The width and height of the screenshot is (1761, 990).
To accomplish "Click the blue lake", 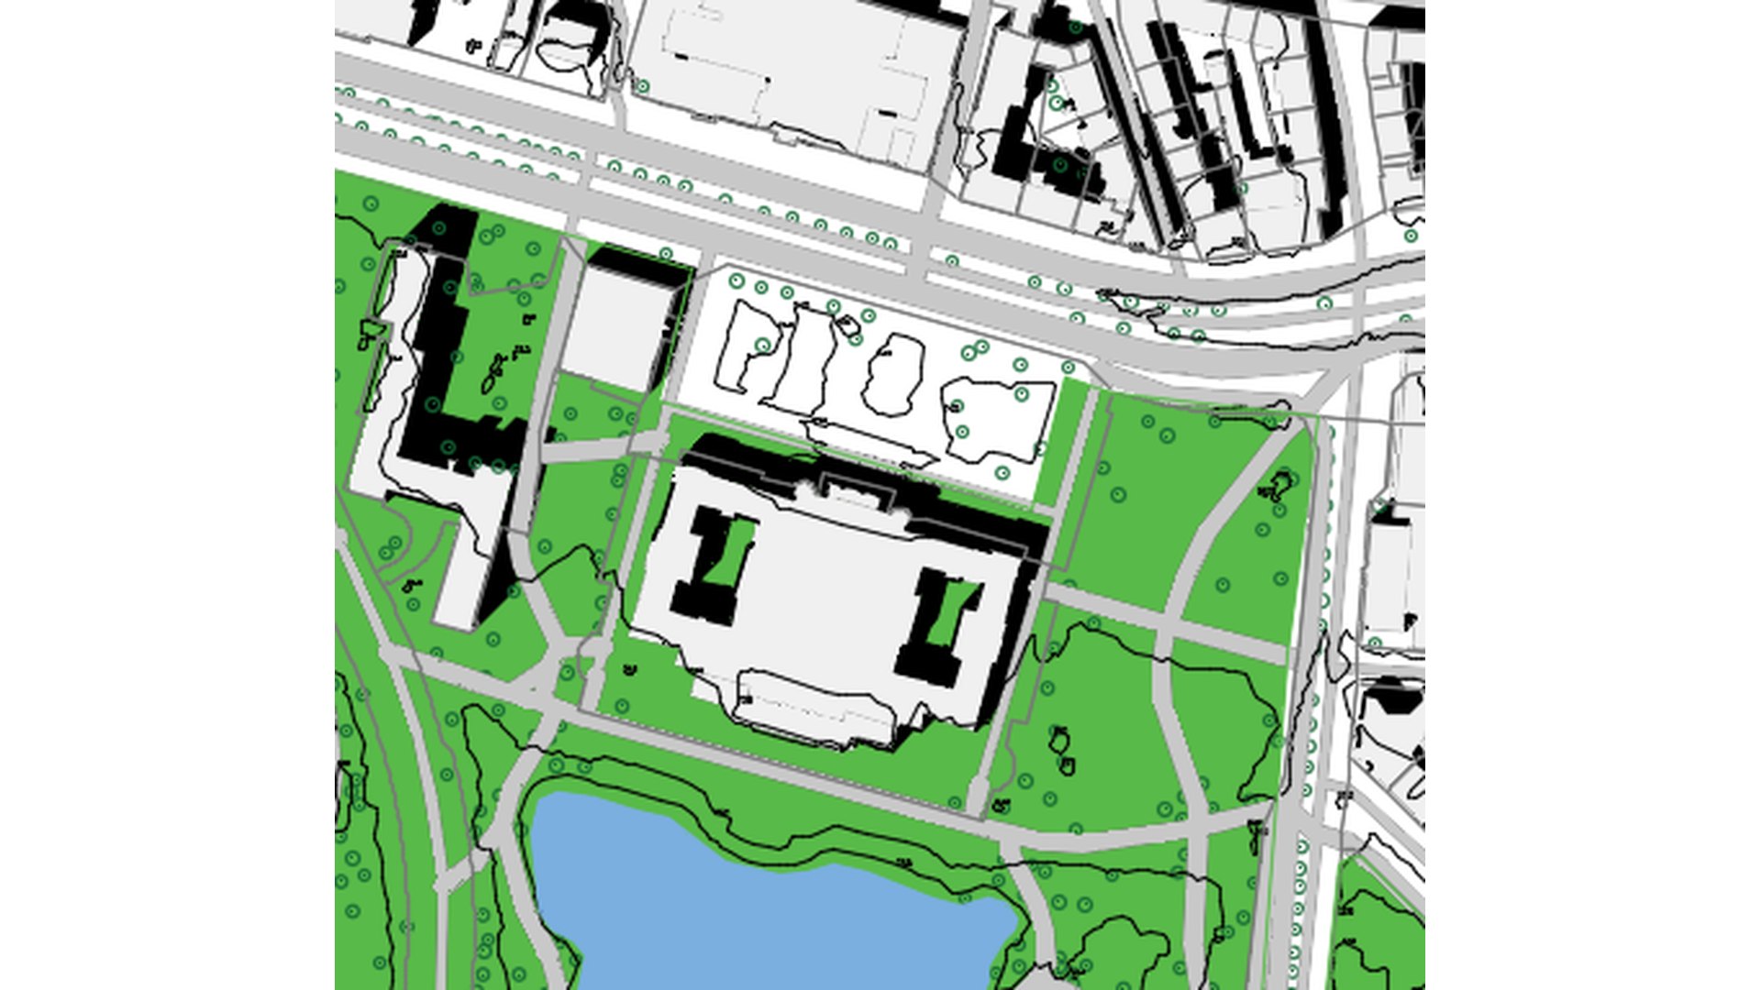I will pos(752,917).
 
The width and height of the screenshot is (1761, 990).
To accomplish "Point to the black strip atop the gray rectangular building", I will pos(637,266).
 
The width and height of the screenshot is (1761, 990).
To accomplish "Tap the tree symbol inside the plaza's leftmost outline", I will pos(763,346).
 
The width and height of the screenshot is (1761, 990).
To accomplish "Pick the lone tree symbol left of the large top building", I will pos(643,87).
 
